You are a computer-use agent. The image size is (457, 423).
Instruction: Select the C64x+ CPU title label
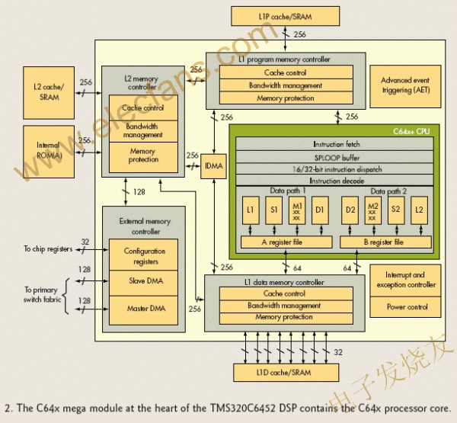[418, 131]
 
